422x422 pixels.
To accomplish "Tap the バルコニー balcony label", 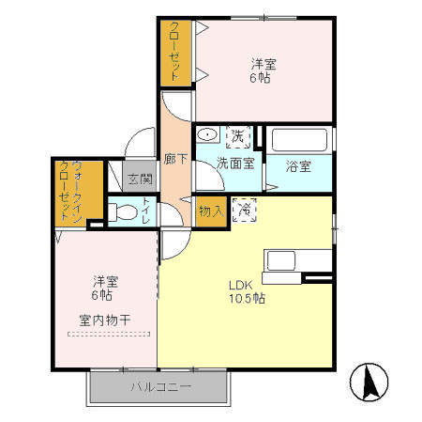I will click(160, 386).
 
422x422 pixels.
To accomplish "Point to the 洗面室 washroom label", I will click(235, 163).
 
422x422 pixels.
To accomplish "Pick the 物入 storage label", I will click(210, 211).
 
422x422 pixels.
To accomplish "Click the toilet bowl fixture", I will click(124, 211).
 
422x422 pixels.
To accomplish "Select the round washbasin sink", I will click(208, 135).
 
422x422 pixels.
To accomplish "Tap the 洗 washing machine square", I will click(238, 137).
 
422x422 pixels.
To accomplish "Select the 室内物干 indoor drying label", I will click(104, 320).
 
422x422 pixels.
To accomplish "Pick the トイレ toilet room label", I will click(146, 211).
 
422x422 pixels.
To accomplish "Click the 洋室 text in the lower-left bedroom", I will click(105, 280).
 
